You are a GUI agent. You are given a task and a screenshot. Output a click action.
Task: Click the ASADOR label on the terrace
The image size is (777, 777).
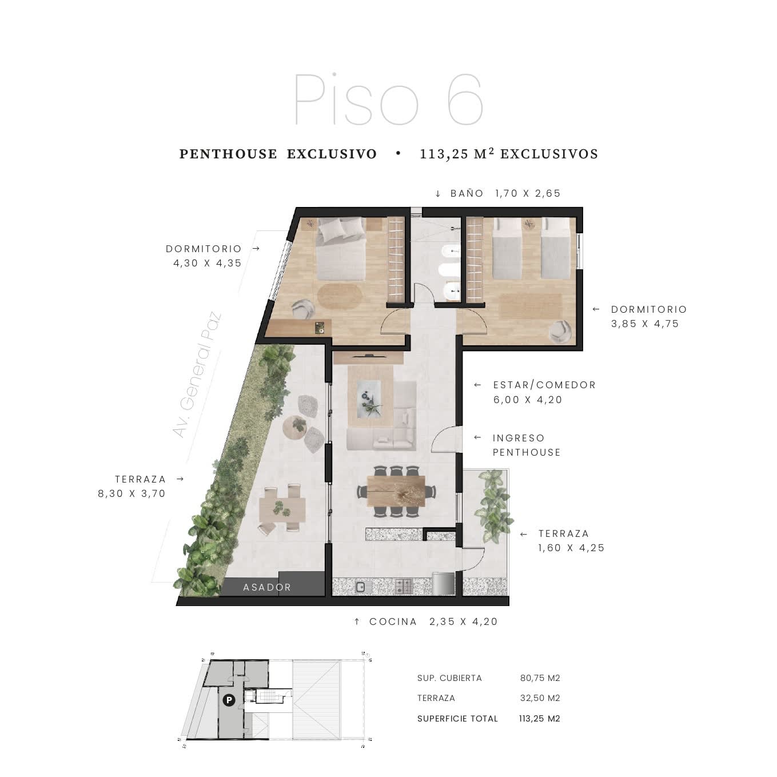[267, 588]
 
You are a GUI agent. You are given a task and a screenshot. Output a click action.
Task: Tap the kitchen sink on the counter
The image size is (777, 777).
[360, 587]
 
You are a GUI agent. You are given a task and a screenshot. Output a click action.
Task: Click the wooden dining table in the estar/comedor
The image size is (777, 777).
[396, 491]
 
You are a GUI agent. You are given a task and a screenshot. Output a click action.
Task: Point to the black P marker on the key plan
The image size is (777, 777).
[229, 700]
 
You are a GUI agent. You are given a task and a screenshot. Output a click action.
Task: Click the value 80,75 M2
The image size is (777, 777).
[540, 678]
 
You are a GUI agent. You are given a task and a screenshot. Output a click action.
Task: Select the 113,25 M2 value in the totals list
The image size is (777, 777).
[540, 719]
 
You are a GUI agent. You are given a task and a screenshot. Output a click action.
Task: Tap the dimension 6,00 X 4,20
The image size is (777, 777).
[528, 400]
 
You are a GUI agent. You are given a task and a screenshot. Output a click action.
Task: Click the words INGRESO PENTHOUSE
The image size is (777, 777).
[526, 445]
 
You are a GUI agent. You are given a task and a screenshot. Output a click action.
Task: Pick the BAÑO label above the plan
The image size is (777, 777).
[467, 194]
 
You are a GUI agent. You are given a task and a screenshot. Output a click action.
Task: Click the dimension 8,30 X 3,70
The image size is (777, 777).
[132, 493]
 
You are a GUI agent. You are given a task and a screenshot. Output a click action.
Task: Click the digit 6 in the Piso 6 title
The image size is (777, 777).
[465, 99]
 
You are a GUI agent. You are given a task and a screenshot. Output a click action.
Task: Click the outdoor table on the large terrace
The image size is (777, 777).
[282, 508]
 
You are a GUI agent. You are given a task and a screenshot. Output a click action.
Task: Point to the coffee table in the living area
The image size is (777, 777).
[370, 397]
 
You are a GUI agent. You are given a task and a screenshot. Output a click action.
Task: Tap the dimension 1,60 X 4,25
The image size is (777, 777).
[571, 548]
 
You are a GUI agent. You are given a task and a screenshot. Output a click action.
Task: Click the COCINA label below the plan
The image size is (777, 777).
[393, 621]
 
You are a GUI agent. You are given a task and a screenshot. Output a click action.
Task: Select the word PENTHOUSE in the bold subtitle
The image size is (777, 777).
[228, 154]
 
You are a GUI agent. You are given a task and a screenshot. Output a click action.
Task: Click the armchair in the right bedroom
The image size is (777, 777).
[560, 332]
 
